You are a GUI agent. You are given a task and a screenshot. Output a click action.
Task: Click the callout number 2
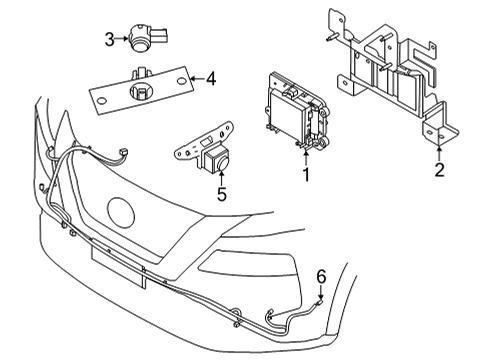[x=439, y=171]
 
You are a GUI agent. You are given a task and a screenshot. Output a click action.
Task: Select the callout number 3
[x=110, y=40]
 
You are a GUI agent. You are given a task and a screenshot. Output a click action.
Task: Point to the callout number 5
[x=222, y=194]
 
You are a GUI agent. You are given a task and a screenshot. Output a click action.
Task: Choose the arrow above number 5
[x=222, y=177]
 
